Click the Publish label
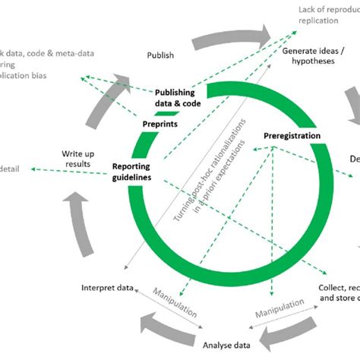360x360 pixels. (160, 55)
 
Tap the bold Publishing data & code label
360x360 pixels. (179, 97)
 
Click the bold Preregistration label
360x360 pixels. (292, 136)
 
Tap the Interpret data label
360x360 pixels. (108, 287)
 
